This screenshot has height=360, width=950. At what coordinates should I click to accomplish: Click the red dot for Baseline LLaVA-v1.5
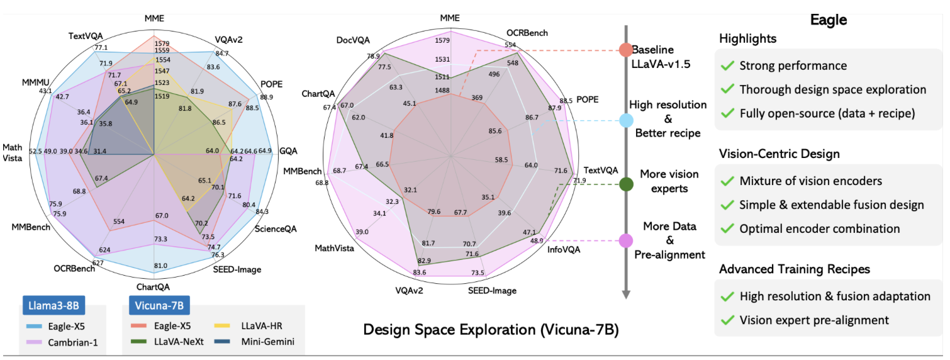coord(625,50)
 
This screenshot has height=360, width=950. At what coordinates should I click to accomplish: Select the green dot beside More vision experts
coord(625,184)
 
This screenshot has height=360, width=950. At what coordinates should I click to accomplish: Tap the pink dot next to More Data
coord(625,240)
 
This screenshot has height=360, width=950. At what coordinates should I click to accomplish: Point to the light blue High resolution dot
coord(625,120)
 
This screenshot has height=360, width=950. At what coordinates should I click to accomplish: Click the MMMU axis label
coord(37,82)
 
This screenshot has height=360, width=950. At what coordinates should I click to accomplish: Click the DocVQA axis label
coord(354,40)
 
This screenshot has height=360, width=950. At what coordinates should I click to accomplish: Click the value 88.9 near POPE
coord(266,96)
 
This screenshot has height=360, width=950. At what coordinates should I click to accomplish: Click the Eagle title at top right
coord(827,19)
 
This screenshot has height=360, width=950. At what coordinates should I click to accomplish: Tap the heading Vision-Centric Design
coord(780,154)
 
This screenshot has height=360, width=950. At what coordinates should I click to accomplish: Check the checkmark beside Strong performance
coord(728,66)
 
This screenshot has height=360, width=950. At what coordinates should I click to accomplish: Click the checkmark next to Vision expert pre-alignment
coord(728,320)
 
